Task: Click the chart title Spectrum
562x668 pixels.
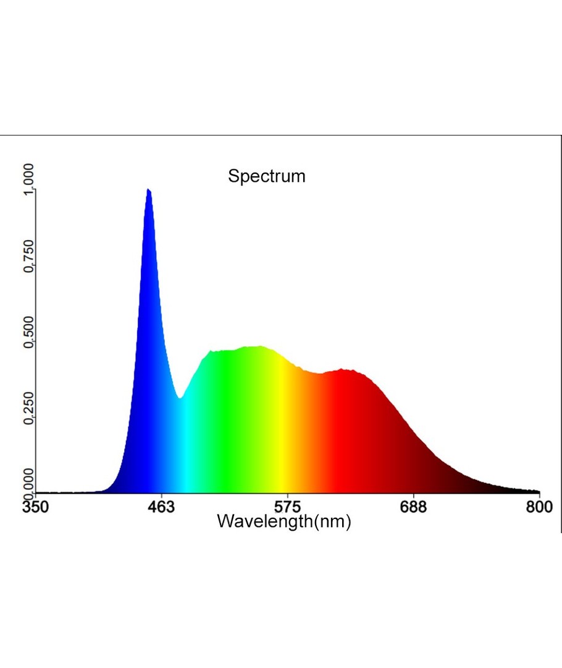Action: (266, 176)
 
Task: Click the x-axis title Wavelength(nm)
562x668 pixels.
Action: (284, 521)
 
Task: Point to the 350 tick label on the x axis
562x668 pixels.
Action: (35, 507)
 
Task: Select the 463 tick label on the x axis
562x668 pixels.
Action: (161, 507)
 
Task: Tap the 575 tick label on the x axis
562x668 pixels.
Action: (287, 507)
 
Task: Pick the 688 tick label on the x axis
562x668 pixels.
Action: (413, 507)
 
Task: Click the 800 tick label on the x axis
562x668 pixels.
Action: (540, 507)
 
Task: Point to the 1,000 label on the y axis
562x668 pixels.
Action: (28, 180)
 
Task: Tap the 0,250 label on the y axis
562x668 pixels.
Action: (28, 410)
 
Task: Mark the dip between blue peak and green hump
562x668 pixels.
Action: (180, 398)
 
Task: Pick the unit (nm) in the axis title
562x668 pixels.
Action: (333, 521)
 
